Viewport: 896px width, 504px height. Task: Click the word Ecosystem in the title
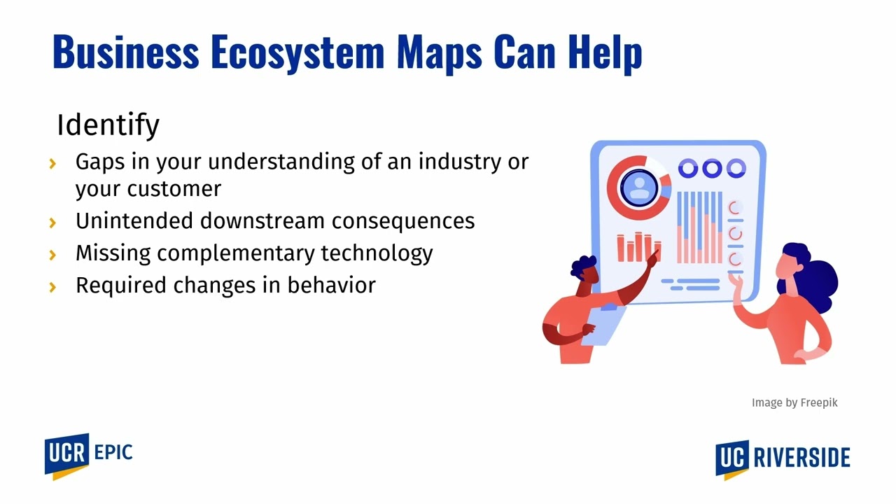(297, 52)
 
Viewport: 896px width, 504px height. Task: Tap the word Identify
(108, 125)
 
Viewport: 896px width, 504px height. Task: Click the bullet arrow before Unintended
(53, 223)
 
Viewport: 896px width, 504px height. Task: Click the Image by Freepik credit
(794, 402)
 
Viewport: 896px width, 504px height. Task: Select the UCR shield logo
(67, 455)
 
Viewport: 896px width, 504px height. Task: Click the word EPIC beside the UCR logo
(113, 452)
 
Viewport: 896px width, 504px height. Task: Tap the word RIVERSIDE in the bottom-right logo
(801, 458)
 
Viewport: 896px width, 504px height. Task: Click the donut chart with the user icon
(638, 188)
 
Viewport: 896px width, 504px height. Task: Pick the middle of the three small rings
(711, 168)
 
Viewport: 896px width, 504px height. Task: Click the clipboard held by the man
(604, 323)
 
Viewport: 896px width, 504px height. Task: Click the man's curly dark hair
(584, 267)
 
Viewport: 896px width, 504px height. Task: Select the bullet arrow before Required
(53, 287)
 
